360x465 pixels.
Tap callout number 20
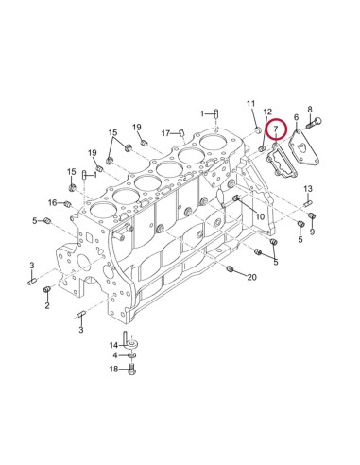pyautogui.click(x=251, y=277)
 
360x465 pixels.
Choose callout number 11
pyautogui.click(x=251, y=102)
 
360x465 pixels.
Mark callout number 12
pyautogui.click(x=267, y=112)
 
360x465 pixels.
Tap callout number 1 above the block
pyautogui.click(x=202, y=113)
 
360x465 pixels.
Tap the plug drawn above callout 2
pyautogui.click(x=47, y=290)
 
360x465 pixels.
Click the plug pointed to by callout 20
pyautogui.click(x=231, y=270)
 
